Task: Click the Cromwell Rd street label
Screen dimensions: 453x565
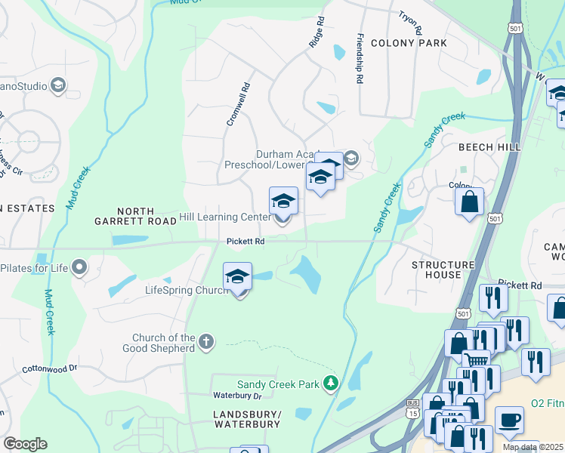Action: click(236, 104)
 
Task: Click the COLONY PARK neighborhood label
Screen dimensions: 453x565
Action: click(409, 43)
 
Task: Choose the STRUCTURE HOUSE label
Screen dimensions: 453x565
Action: click(443, 270)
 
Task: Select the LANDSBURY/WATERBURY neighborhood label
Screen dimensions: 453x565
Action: click(247, 420)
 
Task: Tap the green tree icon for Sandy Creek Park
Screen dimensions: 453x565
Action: click(330, 384)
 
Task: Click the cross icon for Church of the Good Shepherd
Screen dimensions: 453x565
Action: click(206, 344)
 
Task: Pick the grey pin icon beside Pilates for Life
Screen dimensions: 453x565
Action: click(79, 268)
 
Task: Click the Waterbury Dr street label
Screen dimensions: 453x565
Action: click(236, 396)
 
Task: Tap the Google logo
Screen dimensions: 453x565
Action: click(26, 444)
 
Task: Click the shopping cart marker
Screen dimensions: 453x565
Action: click(475, 360)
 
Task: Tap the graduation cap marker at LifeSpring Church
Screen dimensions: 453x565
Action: click(238, 276)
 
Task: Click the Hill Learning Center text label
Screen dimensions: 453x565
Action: click(224, 217)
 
